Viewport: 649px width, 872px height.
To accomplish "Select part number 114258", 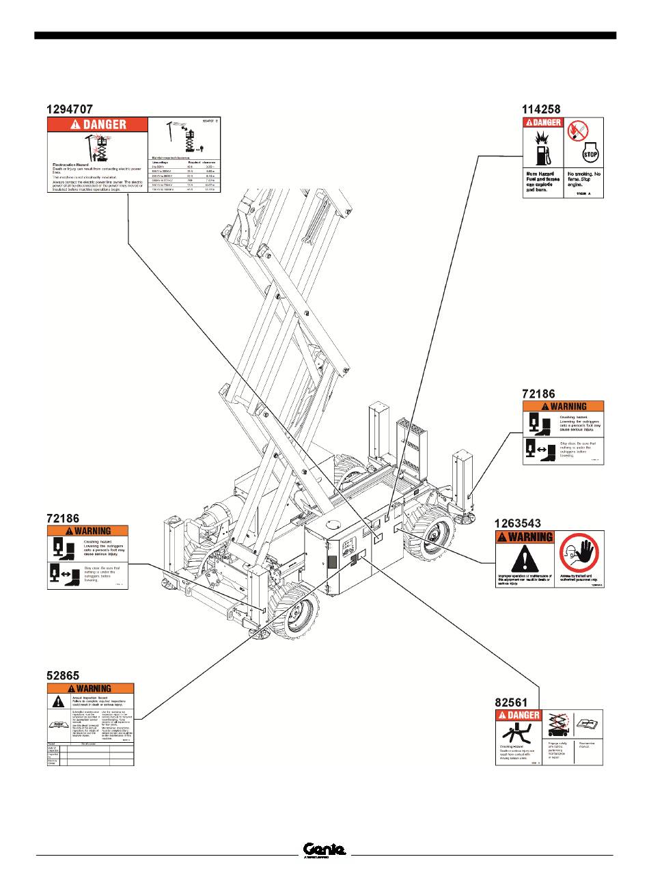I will coord(541,109).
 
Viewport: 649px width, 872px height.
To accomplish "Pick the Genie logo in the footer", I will coord(324,849).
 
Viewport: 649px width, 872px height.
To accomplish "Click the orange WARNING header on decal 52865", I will coord(90,688).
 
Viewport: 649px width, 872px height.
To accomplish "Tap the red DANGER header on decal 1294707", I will coord(96,124).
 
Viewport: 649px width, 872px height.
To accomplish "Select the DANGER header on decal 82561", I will coord(519,716).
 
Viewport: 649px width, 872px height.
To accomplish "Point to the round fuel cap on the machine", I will coord(334,522).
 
